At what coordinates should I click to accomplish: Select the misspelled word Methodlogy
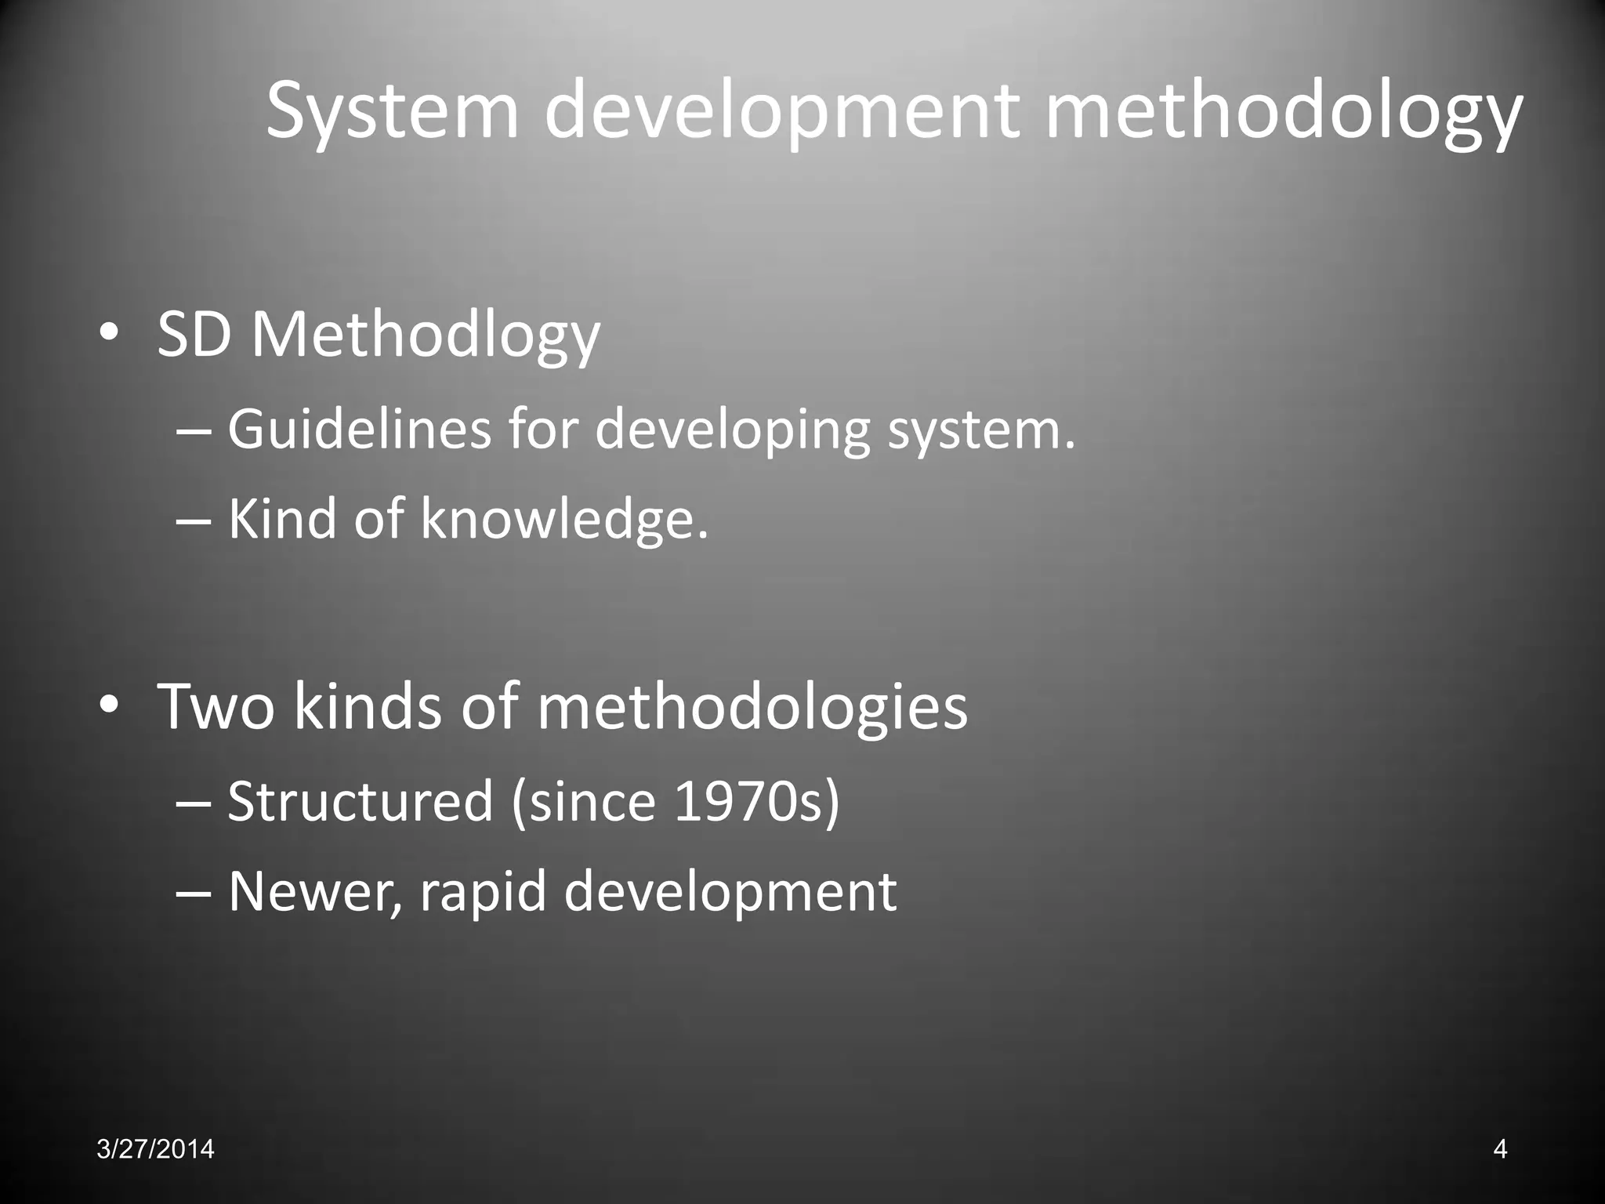pos(426,335)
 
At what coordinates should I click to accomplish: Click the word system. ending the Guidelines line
pos(982,430)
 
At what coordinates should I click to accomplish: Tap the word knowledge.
pos(565,519)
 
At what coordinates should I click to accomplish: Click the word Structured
pos(360,801)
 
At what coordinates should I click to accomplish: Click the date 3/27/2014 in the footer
pos(156,1149)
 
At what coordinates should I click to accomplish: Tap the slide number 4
pos(1500,1149)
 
